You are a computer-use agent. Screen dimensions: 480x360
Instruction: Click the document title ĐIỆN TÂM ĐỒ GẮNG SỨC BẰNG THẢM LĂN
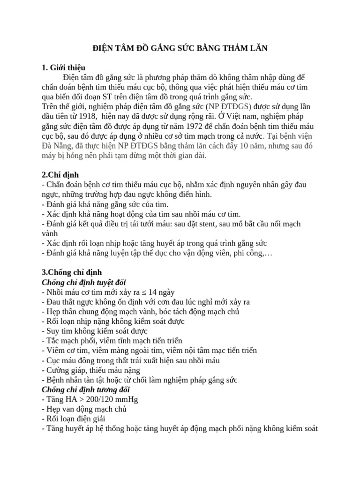point(180,48)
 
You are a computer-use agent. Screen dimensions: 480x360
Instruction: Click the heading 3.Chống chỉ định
point(72,272)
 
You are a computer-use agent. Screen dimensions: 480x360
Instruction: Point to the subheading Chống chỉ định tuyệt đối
point(84,282)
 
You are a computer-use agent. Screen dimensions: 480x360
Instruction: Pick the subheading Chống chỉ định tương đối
point(86,390)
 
